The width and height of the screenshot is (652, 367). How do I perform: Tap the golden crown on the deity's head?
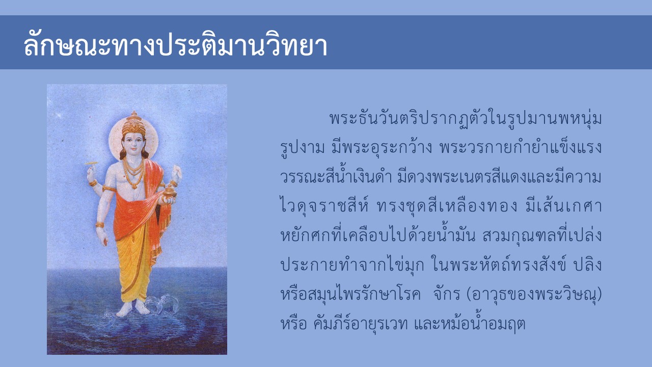[134, 124]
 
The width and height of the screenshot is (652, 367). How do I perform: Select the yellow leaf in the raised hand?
[91, 163]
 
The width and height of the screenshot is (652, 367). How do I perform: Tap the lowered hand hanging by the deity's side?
[102, 236]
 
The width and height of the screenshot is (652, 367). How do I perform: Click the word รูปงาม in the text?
[303, 148]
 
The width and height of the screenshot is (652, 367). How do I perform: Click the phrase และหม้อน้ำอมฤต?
[469, 323]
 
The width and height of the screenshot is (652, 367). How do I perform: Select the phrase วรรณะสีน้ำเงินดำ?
[336, 176]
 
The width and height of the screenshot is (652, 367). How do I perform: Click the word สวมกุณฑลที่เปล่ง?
[542, 235]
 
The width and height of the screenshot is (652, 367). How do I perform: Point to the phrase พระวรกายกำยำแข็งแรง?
[521, 148]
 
